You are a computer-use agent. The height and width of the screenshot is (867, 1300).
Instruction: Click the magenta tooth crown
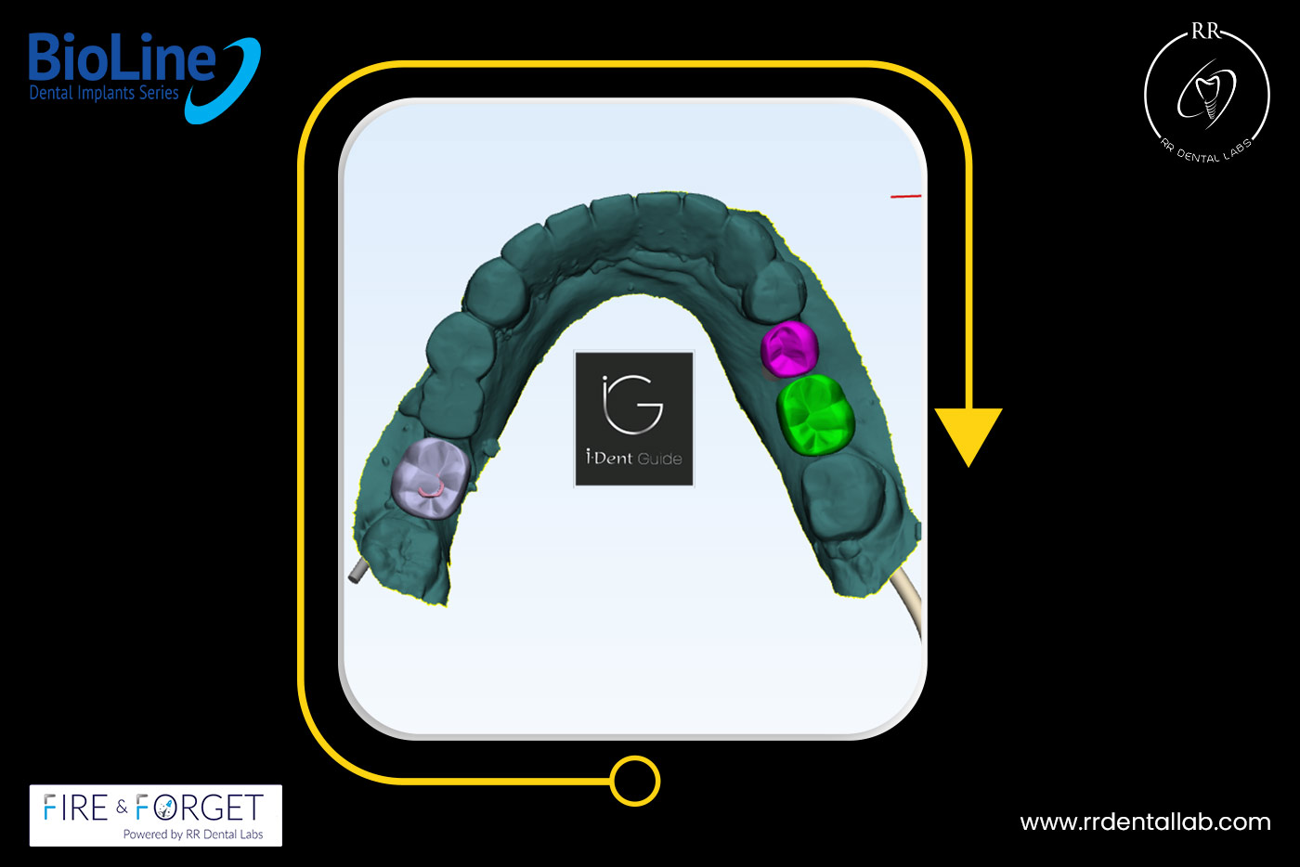coord(789,349)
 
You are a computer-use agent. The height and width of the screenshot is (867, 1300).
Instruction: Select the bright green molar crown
coord(815,414)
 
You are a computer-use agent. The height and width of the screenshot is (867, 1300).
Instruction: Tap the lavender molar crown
coord(431,478)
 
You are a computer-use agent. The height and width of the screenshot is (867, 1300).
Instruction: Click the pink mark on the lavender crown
coord(432,490)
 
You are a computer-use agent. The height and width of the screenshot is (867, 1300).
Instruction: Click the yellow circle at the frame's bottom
coord(635,781)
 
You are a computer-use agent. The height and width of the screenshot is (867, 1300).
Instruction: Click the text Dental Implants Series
coord(104,93)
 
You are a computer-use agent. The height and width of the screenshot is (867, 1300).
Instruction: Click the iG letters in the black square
coord(632,405)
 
